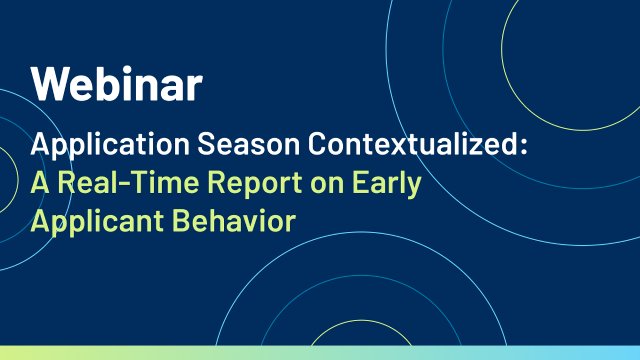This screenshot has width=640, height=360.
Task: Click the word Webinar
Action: coord(117,83)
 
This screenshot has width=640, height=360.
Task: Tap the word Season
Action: coord(249,143)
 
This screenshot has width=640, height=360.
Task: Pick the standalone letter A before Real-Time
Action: coord(39,182)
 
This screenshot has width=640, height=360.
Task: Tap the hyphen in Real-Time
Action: coord(125,185)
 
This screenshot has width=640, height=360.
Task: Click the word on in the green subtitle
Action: coord(327,186)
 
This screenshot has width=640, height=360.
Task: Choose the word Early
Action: coord(387,185)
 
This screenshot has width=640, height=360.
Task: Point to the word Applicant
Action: coord(97,223)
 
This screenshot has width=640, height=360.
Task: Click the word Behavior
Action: coord(234,221)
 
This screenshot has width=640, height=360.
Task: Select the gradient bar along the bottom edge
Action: coord(320,353)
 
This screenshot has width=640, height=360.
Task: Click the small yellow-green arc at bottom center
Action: coord(361,321)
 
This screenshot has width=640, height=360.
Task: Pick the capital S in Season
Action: coord(207,143)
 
